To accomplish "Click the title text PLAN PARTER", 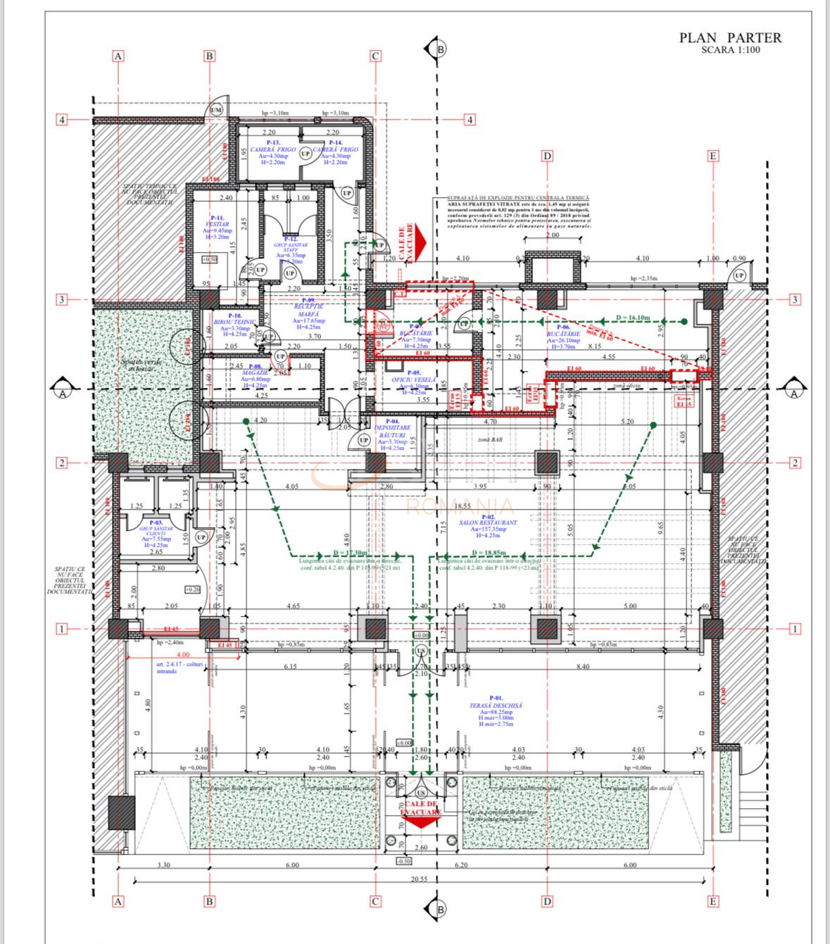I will pos(730,38).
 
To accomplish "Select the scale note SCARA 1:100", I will pos(730,50).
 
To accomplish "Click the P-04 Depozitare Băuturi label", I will pos(396,434).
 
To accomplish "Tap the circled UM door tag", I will pos(216,111).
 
